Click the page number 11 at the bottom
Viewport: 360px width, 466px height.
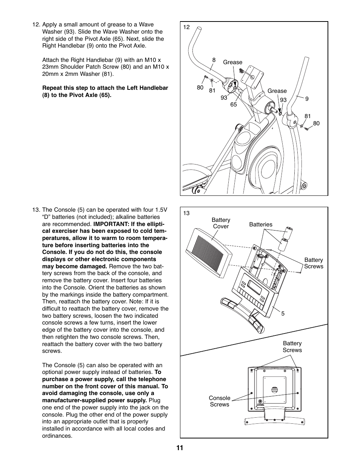pos(180,448)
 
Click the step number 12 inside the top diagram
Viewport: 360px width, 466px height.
pos(186,27)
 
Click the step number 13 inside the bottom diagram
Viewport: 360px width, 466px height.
pos(186,213)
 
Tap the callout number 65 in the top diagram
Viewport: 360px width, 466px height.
pos(234,105)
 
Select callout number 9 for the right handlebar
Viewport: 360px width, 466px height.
pos(307,99)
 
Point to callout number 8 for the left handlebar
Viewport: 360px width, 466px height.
pos(214,60)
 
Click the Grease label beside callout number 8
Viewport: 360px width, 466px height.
pos(232,62)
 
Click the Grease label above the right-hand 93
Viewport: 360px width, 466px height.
pos(277,91)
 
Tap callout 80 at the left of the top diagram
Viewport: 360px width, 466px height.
pos(200,88)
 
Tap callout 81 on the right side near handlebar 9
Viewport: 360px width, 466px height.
pos(308,116)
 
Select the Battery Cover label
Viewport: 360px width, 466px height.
pos(221,223)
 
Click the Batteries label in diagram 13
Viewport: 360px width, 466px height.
pos(260,225)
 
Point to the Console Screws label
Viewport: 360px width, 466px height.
pos(219,401)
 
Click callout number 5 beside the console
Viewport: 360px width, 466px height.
pos(283,314)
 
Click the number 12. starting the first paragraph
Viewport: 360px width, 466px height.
pos(36,25)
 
